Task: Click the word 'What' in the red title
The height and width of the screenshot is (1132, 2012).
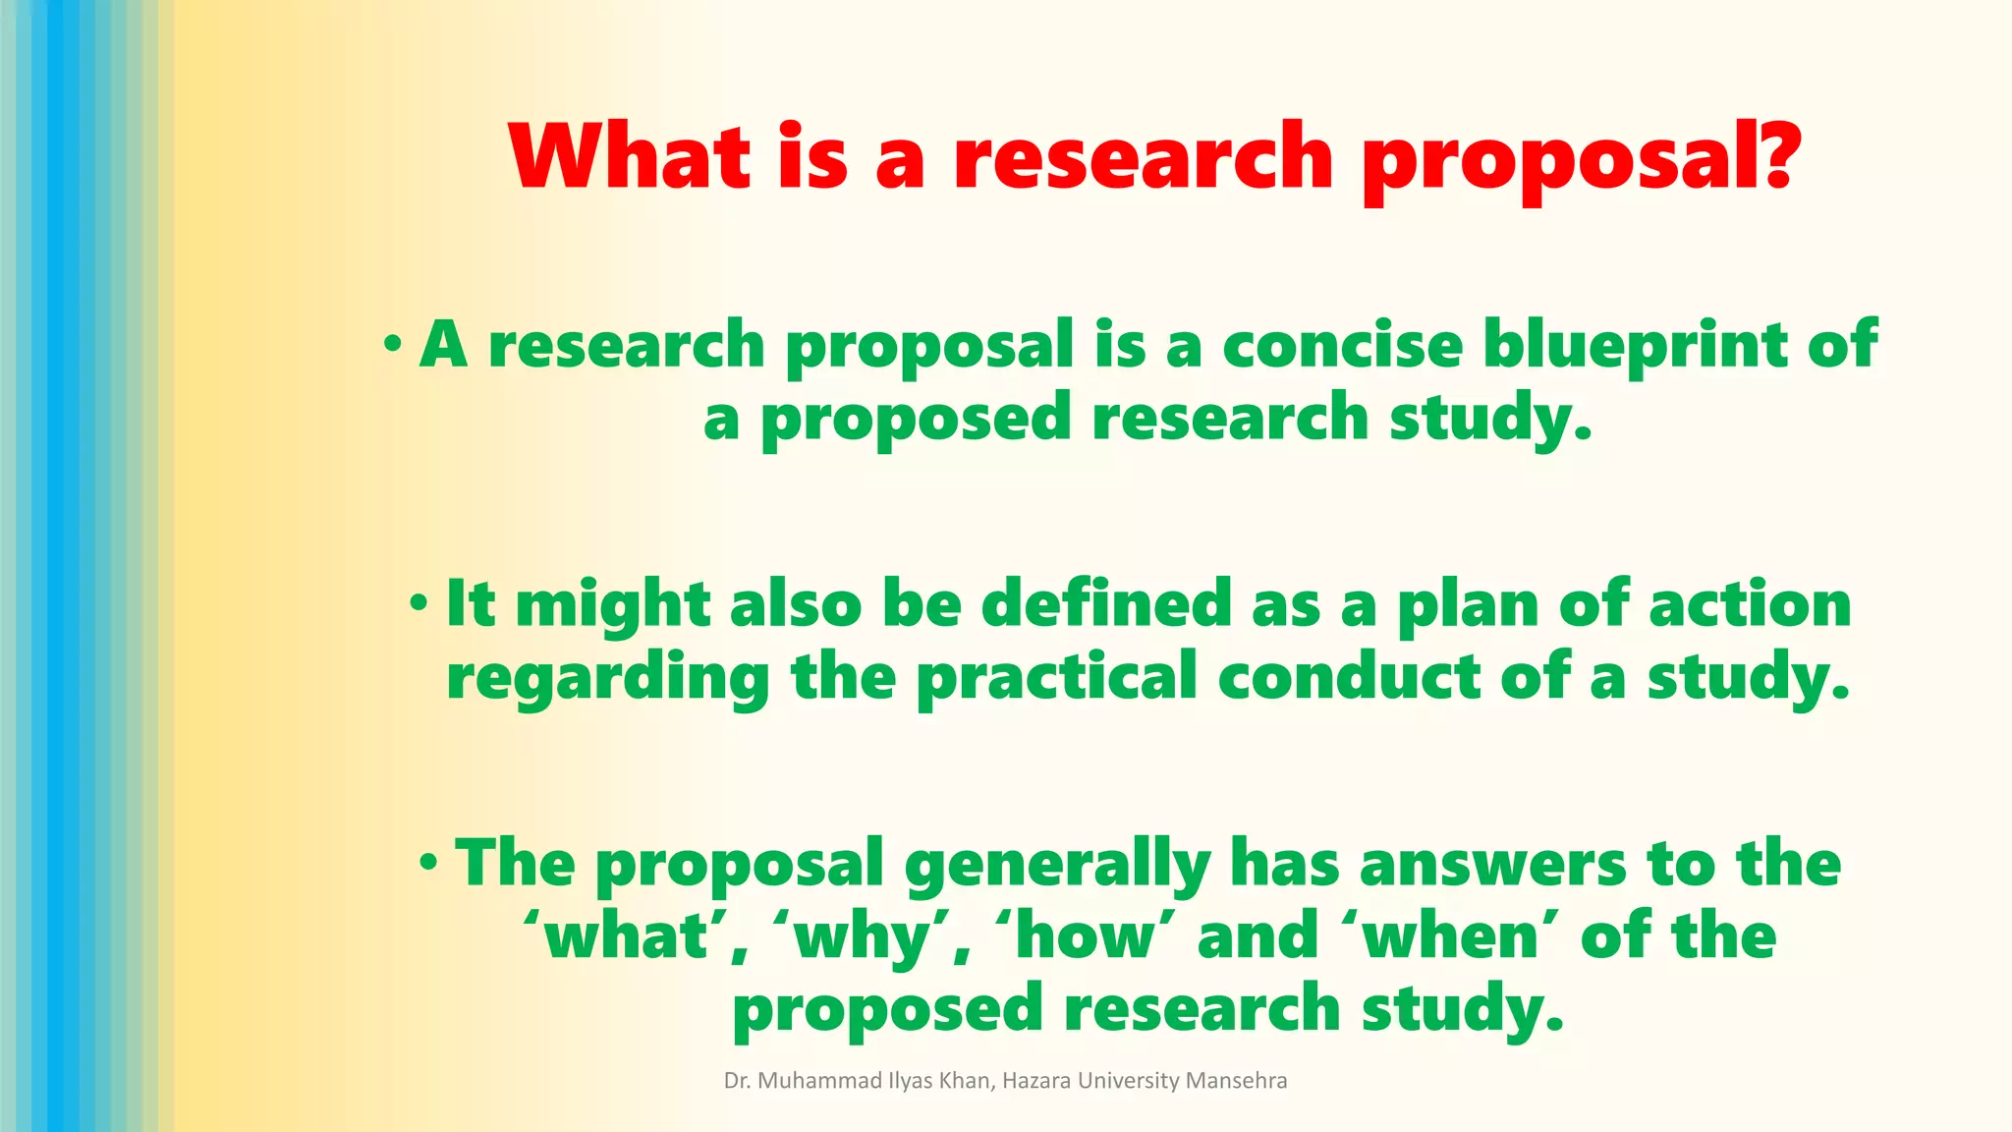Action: [x=630, y=157]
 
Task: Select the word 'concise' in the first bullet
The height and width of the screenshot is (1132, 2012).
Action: [x=1342, y=346]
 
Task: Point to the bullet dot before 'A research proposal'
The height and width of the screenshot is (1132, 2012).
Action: [x=393, y=345]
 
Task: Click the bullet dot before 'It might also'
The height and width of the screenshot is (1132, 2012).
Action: [x=419, y=603]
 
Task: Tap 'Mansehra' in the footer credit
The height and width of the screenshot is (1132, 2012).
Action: [x=1236, y=1081]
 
